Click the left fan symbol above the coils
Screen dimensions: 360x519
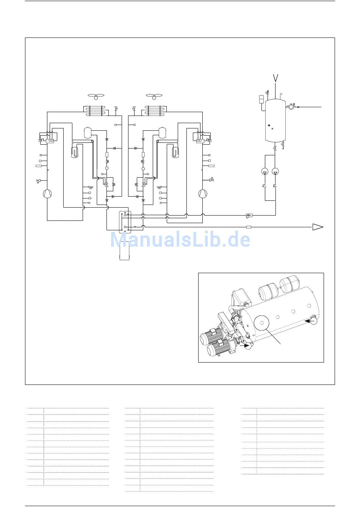pos(96,96)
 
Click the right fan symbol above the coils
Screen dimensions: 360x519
pos(154,96)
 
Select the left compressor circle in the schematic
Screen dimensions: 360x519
pos(47,194)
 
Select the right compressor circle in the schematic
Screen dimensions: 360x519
pos(203,194)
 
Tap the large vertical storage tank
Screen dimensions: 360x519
pos(275,120)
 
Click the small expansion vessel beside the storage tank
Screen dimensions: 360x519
pos(261,99)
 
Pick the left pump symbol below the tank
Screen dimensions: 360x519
pos(265,172)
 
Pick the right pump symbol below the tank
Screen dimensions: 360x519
pos(275,172)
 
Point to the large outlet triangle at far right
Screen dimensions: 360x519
pos(318,227)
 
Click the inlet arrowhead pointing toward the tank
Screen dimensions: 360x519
pos(298,107)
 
